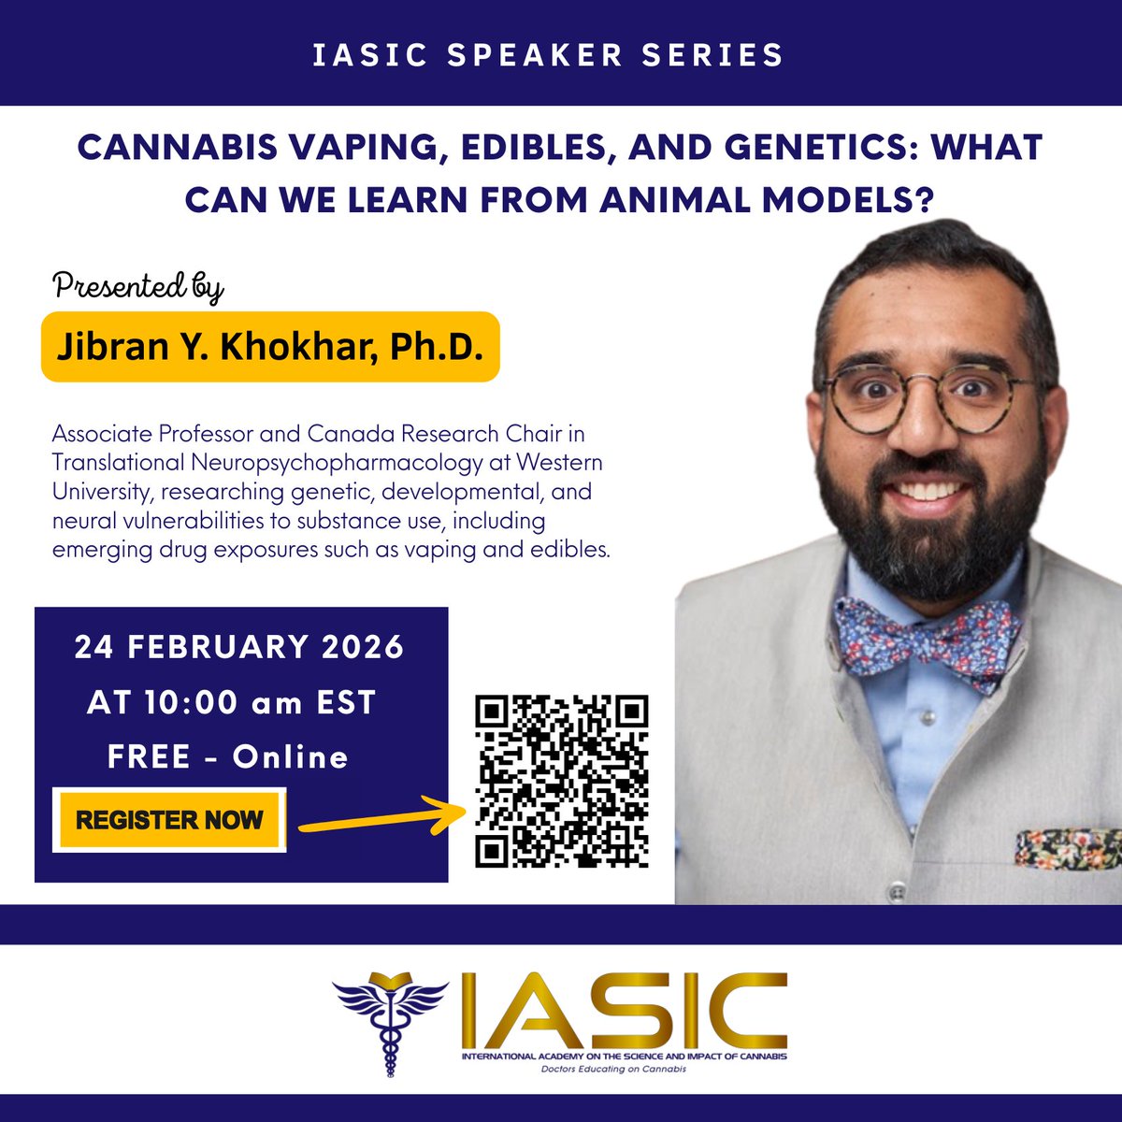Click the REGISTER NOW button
(x=169, y=821)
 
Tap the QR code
(x=561, y=782)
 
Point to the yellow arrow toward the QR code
(x=383, y=819)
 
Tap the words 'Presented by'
(x=138, y=286)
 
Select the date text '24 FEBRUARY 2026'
(x=239, y=647)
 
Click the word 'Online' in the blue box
(x=290, y=756)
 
